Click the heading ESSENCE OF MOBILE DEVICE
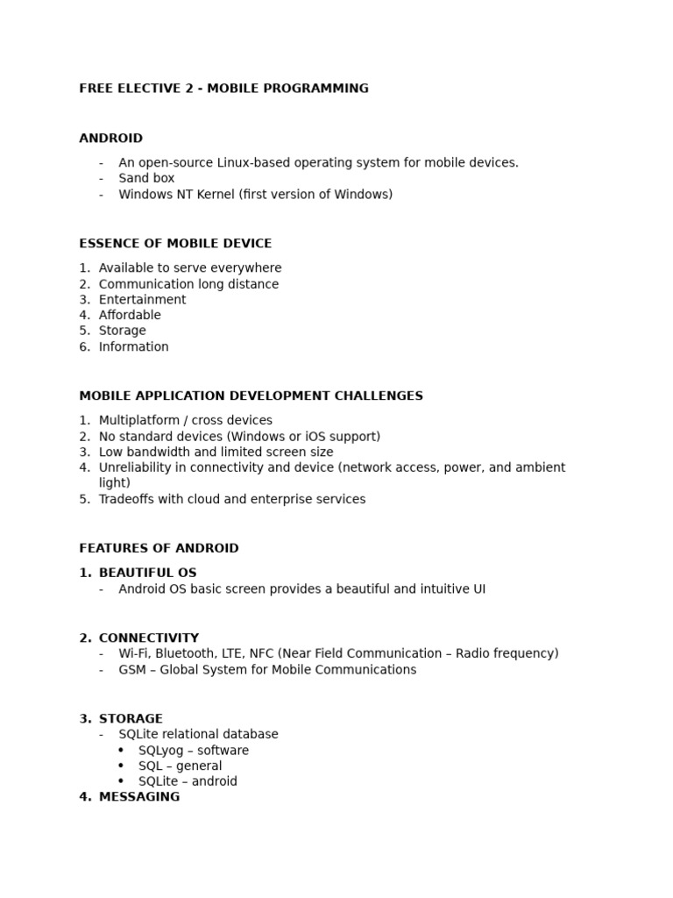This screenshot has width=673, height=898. click(175, 243)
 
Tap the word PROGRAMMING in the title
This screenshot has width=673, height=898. click(322, 88)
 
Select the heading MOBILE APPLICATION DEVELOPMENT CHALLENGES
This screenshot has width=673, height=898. click(251, 396)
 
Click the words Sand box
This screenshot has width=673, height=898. click(146, 178)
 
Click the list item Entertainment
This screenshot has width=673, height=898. click(142, 299)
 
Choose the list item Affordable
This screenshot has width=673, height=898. click(130, 315)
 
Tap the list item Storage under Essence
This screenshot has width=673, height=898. click(122, 331)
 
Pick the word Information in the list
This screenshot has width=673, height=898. click(133, 346)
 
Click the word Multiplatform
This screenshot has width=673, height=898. click(138, 420)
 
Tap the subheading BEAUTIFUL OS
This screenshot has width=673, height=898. click(147, 573)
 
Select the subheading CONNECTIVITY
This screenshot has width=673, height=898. click(149, 638)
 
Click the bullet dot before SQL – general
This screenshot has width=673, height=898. click(121, 766)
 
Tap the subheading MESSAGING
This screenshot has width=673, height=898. click(139, 796)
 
